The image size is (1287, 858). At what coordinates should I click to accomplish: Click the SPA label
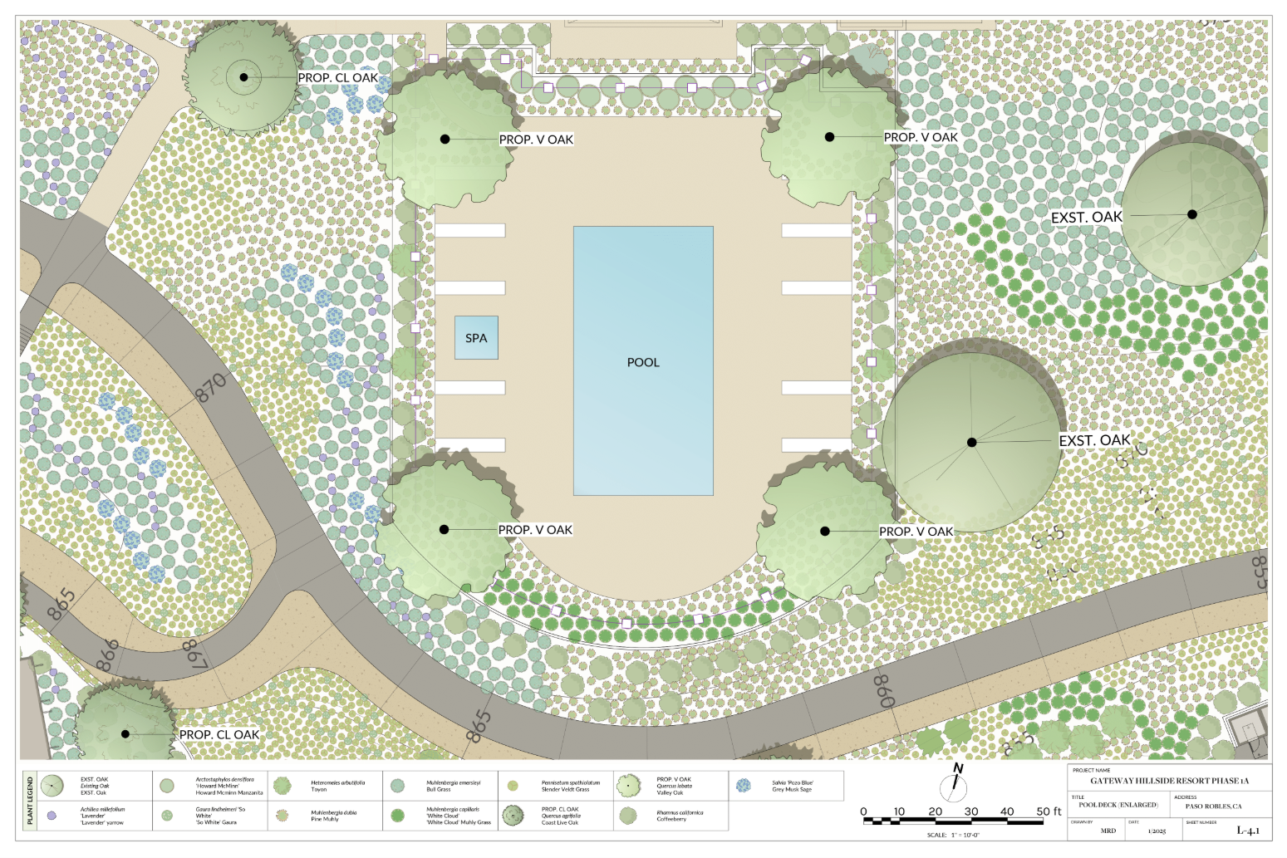click(x=476, y=338)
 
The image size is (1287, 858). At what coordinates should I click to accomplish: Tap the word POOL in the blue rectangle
click(x=643, y=362)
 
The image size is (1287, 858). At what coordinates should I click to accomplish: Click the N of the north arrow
click(x=958, y=768)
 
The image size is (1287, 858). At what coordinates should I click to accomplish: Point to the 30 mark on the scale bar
click(x=971, y=811)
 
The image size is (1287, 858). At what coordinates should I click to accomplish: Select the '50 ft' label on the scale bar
click(x=1049, y=811)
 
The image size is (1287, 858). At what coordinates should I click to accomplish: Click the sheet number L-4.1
click(x=1248, y=830)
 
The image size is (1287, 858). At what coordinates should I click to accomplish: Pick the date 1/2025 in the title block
click(x=1157, y=831)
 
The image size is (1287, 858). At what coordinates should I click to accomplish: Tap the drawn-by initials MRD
click(x=1108, y=831)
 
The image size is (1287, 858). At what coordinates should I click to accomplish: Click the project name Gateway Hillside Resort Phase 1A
click(x=1169, y=781)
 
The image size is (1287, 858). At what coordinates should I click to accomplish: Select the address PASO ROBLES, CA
click(x=1213, y=806)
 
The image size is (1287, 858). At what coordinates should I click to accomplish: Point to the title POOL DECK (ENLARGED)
click(x=1118, y=805)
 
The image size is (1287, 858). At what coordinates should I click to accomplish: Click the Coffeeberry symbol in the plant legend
click(x=628, y=816)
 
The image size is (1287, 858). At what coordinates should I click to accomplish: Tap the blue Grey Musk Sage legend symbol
click(x=744, y=785)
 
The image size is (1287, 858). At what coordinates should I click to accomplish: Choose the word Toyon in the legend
click(x=319, y=789)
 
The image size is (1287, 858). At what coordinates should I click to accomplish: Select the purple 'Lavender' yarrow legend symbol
click(x=52, y=816)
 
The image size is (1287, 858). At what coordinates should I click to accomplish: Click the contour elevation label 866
click(x=107, y=655)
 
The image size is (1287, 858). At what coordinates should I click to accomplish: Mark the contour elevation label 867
click(x=194, y=654)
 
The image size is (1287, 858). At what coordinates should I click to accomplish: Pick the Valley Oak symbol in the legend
click(x=628, y=785)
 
